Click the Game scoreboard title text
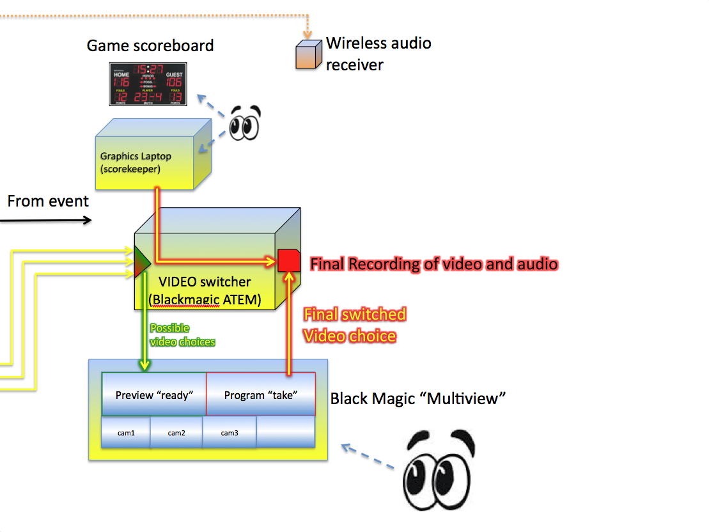point(150,46)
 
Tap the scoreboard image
point(148,84)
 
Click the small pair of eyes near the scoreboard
point(245,122)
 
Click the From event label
point(48,201)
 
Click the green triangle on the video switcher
point(141,262)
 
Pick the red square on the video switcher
point(289,261)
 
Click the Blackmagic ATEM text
point(205,299)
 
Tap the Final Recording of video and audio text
point(434,263)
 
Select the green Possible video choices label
point(182,335)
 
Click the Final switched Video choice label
point(354,325)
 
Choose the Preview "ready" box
point(153,395)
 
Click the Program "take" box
point(261,395)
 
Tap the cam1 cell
point(126,433)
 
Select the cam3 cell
point(230,433)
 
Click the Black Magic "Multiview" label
point(418,399)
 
